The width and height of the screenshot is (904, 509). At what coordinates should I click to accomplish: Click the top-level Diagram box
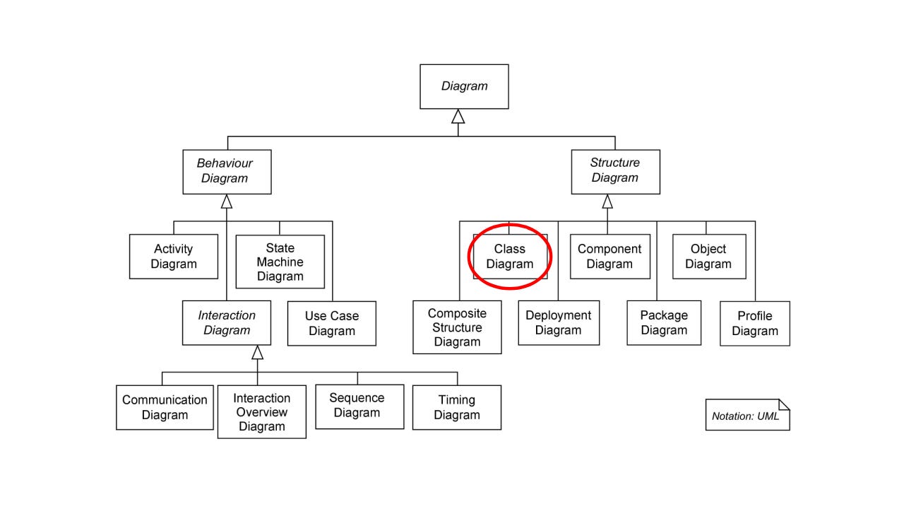click(x=464, y=86)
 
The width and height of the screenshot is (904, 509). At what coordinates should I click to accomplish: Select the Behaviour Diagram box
click(x=227, y=171)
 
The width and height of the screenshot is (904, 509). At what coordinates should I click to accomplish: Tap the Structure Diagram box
click(x=615, y=171)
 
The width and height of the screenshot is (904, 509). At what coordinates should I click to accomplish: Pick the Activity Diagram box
click(x=174, y=257)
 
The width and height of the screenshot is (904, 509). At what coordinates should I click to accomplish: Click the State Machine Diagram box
click(x=280, y=262)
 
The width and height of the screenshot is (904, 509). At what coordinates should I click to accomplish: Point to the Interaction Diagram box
click(x=227, y=323)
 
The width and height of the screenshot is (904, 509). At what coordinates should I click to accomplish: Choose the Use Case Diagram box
click(x=331, y=324)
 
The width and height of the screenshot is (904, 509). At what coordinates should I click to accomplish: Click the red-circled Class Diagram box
click(x=510, y=257)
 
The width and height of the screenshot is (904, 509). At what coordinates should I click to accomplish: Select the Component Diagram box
click(x=609, y=257)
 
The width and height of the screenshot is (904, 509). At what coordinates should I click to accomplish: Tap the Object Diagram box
click(x=708, y=257)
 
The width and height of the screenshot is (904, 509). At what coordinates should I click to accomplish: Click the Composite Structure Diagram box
click(x=457, y=327)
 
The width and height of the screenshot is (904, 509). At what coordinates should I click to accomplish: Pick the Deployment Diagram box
click(x=558, y=323)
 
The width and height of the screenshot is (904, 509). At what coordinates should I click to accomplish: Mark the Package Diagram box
click(x=664, y=323)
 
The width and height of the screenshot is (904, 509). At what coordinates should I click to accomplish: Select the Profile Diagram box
click(x=755, y=324)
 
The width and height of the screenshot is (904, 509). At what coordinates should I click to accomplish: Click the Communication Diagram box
click(x=165, y=407)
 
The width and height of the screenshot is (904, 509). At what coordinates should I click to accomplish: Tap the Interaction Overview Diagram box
click(x=261, y=412)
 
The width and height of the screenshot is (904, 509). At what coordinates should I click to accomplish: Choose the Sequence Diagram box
click(x=359, y=406)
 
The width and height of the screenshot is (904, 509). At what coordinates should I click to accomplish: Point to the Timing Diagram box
click(x=457, y=407)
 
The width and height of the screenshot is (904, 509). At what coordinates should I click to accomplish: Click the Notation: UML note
click(x=747, y=415)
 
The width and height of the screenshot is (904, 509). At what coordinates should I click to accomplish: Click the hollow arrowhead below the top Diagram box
click(x=458, y=117)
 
